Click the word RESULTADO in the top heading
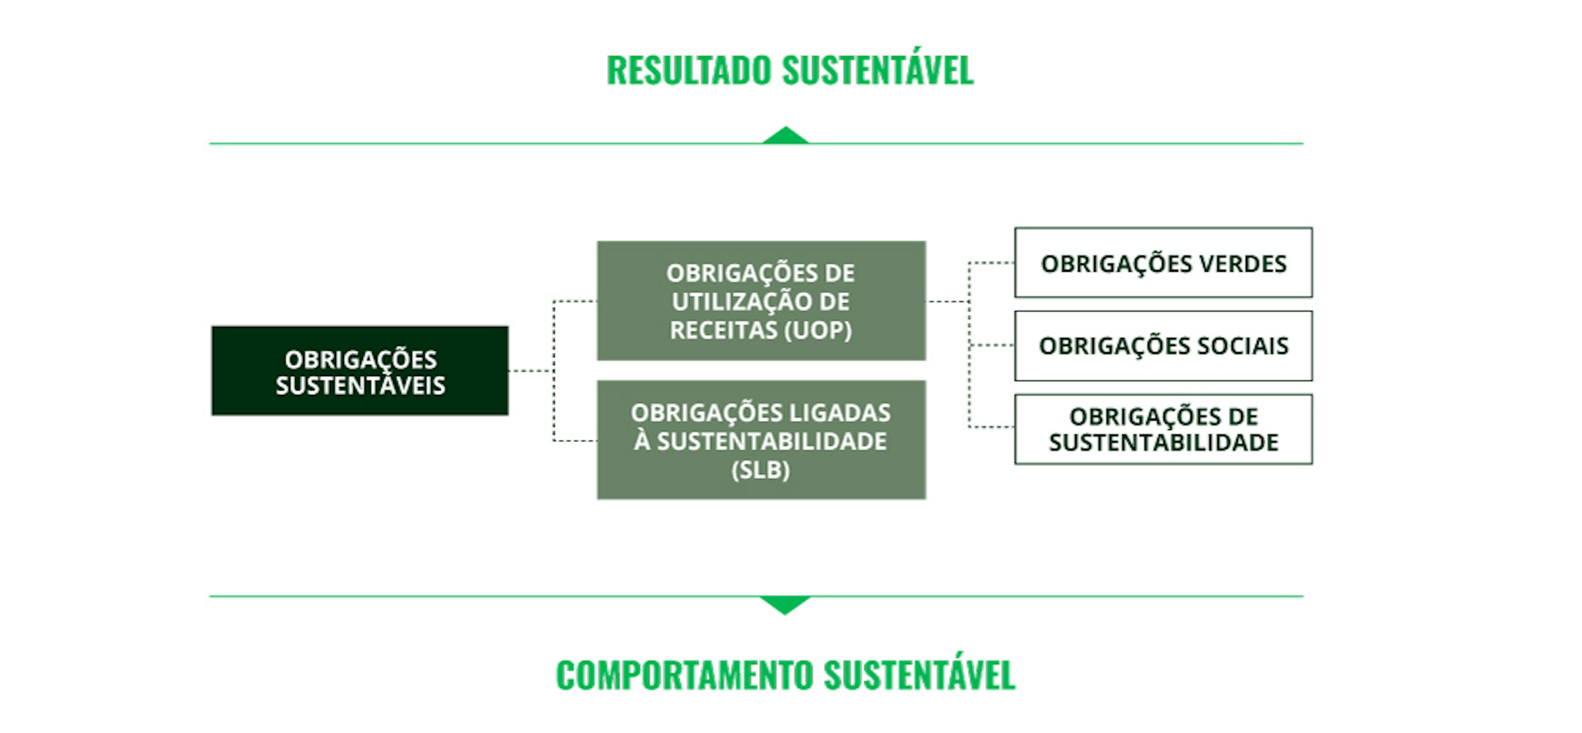[x=689, y=70]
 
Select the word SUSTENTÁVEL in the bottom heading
[x=920, y=675]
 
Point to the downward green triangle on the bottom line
[x=785, y=604]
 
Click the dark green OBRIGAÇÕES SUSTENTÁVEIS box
[x=360, y=371]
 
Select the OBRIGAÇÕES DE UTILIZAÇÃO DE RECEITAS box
[x=761, y=301]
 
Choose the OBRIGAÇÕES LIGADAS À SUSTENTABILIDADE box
[x=761, y=440]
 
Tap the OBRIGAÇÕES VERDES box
[x=1163, y=263]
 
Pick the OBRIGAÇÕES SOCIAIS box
[x=1163, y=346]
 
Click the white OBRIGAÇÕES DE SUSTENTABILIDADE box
[x=1163, y=430]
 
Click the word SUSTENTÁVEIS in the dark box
[x=360, y=385]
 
